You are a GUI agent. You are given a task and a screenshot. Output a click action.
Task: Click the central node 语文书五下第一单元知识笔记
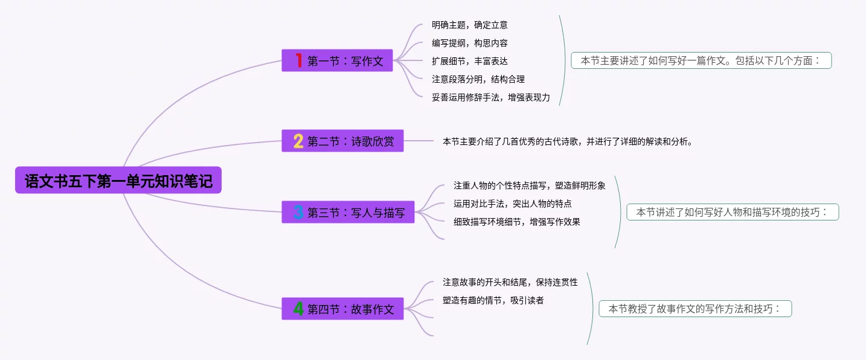point(118,181)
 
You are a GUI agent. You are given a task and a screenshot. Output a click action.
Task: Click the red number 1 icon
point(298,60)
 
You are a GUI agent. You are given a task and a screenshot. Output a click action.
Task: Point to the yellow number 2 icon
point(298,141)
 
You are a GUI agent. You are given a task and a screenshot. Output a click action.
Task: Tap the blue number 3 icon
point(298,213)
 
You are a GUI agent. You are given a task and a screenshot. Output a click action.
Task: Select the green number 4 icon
point(298,309)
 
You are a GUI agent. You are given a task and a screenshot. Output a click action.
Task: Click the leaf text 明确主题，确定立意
point(469,25)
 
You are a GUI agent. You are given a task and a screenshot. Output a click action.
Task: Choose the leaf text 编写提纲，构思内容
point(469,43)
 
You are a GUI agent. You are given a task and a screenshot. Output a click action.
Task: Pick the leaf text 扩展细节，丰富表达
point(469,61)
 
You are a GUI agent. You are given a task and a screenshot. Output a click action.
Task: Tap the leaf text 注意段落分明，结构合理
point(478,79)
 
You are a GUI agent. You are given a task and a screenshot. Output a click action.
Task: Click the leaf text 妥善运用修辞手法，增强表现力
point(490,97)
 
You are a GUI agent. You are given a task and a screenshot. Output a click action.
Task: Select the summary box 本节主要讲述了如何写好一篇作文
point(701,60)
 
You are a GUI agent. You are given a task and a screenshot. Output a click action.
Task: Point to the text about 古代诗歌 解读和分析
point(567,142)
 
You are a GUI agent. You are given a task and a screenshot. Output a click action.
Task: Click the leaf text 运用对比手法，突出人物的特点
point(513,204)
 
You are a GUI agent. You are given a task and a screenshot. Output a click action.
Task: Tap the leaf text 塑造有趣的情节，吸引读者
point(493,300)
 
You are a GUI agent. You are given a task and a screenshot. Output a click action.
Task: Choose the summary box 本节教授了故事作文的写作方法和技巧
point(695,309)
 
